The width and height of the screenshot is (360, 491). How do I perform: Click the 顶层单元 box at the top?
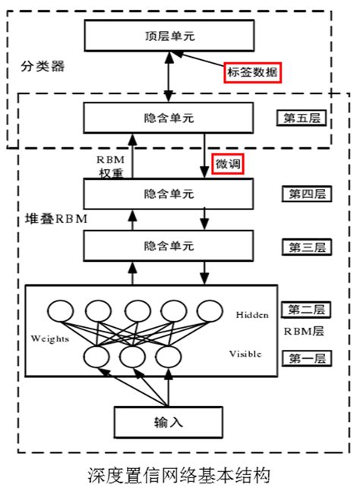pos(168,35)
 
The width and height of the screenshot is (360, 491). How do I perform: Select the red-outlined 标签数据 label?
pos(253,72)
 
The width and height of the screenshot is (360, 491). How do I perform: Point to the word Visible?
pos(245,354)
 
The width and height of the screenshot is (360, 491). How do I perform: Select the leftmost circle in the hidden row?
pos(60,311)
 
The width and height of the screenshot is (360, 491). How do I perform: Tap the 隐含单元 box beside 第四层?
pos(168,194)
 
